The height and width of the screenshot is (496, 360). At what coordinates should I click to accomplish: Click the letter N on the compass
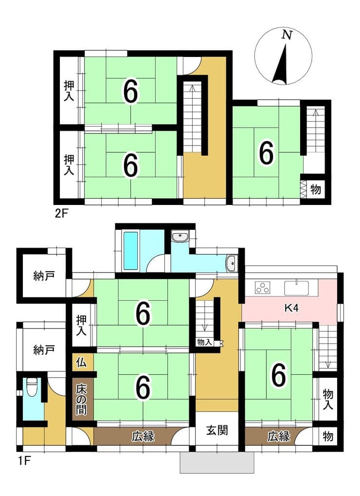[287, 34]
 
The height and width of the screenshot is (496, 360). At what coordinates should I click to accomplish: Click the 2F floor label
[62, 214]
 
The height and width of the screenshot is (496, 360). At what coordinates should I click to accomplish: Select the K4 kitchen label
[291, 308]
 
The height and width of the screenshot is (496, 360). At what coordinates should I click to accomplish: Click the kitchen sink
[296, 288]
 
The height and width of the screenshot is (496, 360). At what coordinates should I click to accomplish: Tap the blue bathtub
[130, 251]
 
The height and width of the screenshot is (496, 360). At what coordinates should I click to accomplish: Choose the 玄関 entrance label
[217, 430]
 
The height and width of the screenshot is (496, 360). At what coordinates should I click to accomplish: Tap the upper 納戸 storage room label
[44, 276]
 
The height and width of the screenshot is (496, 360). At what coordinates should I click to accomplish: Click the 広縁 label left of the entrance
[143, 437]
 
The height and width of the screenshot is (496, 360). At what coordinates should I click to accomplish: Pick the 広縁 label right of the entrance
[279, 437]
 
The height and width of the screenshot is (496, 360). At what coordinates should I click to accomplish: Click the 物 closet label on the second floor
[315, 189]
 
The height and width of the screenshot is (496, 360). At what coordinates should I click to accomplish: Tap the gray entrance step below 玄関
[217, 462]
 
